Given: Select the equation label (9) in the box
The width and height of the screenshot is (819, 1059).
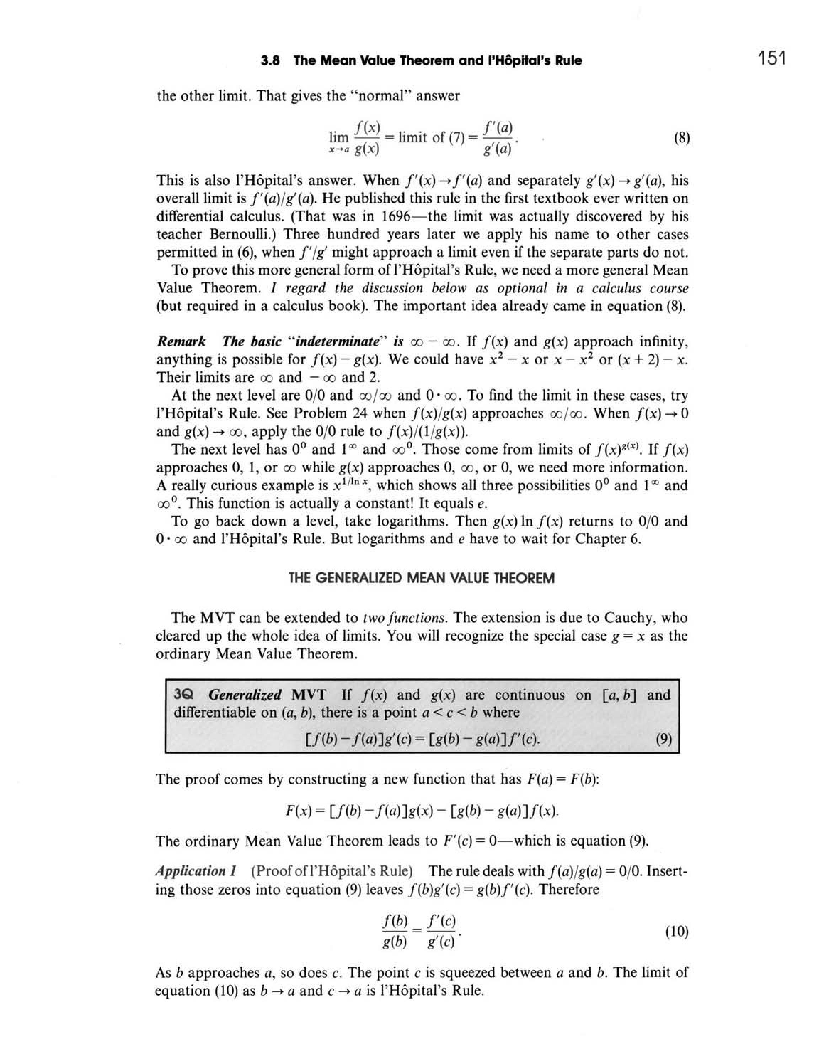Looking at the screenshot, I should click(663, 739).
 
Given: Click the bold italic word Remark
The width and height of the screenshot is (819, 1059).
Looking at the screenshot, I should click(181, 342).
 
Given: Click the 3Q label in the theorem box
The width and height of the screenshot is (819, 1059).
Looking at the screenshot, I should click(184, 695).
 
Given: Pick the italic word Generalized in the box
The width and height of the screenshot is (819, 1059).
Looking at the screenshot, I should click(245, 695).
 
